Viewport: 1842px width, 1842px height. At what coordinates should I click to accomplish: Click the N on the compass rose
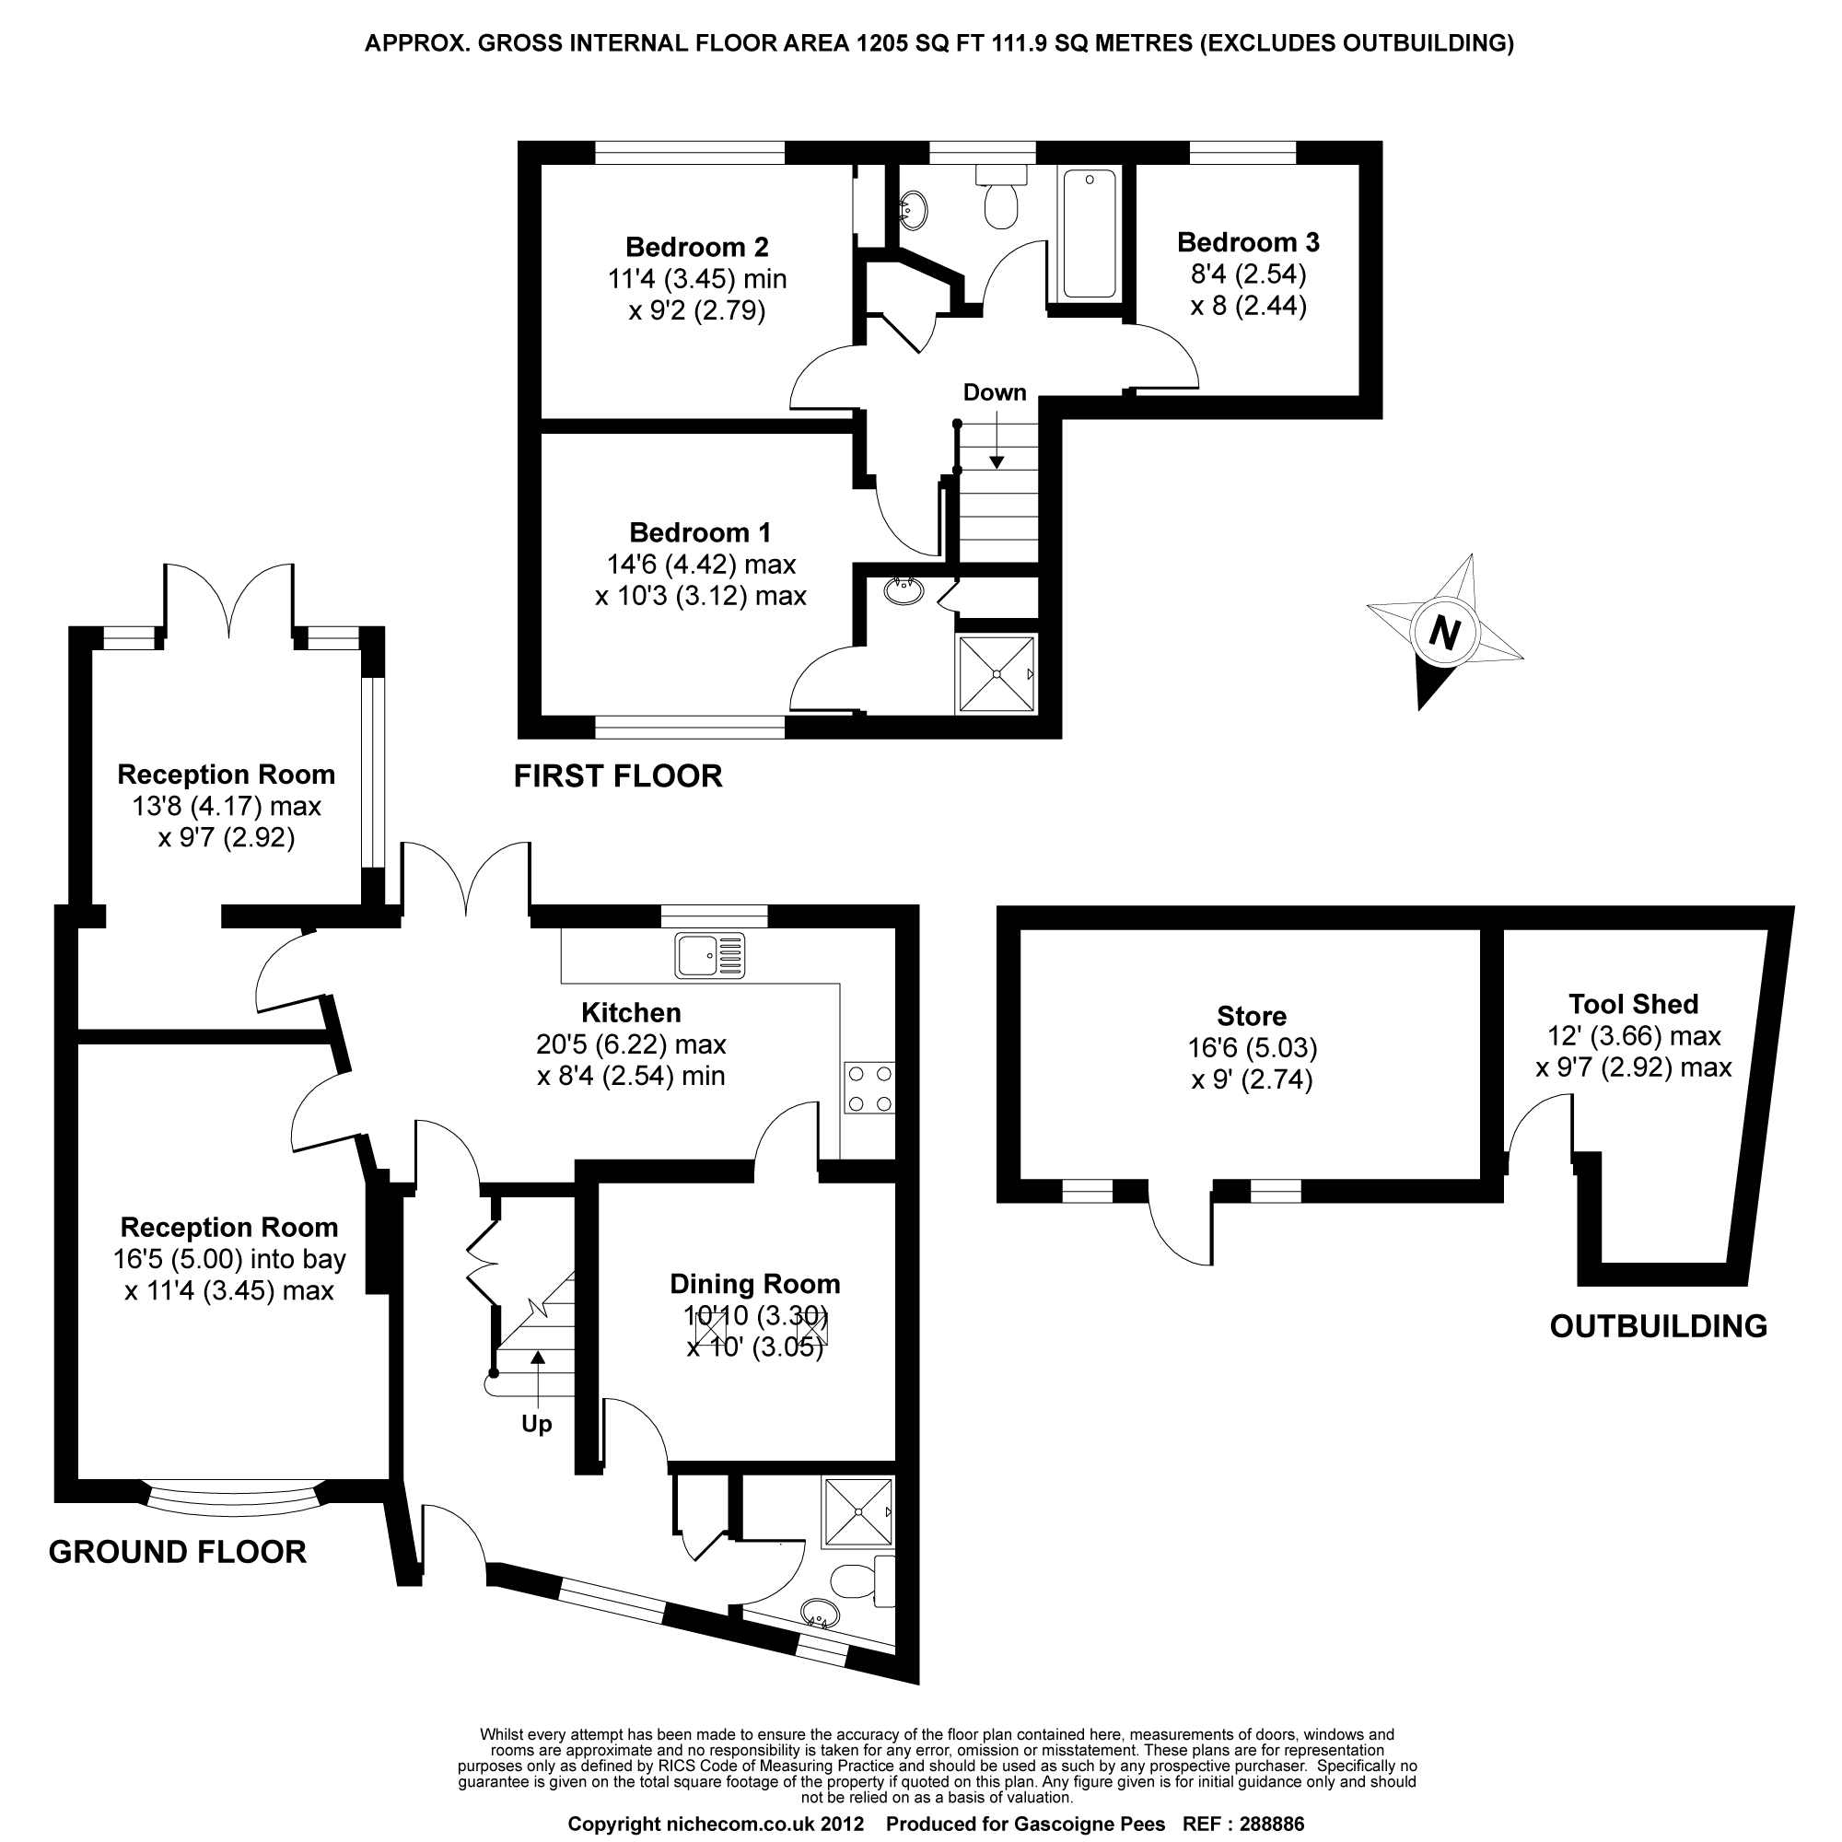pos(1445,633)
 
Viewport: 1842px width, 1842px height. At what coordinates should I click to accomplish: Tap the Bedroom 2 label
pos(696,247)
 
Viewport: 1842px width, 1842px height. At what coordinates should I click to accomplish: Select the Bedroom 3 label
pos(1248,242)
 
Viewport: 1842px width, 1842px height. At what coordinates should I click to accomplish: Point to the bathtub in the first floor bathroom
pos(1089,234)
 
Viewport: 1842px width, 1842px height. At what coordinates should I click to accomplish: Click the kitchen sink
pos(710,955)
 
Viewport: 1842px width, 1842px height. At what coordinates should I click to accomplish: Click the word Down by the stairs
pos(995,391)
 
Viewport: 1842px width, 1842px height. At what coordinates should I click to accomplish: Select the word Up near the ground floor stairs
pos(537,1425)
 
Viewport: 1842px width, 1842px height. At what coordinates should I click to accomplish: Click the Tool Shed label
pos(1633,1004)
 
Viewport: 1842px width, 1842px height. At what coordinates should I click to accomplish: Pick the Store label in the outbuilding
pos(1251,1017)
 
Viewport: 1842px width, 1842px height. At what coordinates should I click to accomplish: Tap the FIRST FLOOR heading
pos(618,776)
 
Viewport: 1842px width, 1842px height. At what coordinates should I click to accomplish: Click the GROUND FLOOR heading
pos(178,1552)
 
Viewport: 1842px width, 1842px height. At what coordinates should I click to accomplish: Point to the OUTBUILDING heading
pos(1658,1326)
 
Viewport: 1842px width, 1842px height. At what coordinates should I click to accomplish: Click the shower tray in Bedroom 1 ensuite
pos(997,674)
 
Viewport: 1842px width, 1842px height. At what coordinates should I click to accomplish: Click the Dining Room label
pos(754,1284)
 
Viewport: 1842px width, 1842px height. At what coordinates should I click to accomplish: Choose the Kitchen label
pos(631,1012)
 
